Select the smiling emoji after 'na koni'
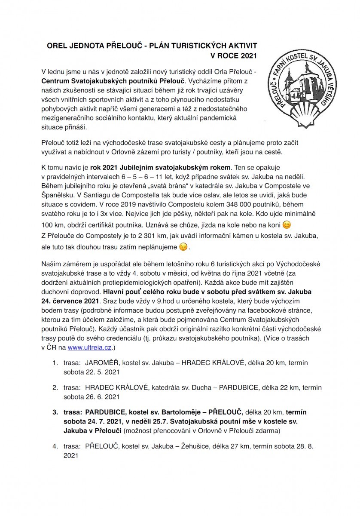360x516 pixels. tap(287, 224)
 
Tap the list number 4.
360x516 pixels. tap(55, 446)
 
